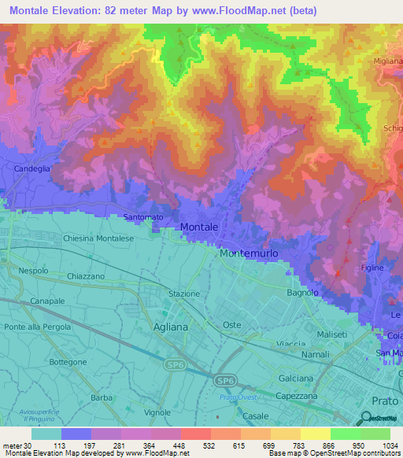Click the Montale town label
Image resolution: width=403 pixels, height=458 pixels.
tap(199, 227)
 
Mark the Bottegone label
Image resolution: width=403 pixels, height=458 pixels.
tap(67, 361)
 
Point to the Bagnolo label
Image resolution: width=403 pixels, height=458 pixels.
tap(303, 293)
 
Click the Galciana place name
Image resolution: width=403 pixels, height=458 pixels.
tap(297, 379)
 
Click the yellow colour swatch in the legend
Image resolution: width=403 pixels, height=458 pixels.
tap(316, 434)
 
